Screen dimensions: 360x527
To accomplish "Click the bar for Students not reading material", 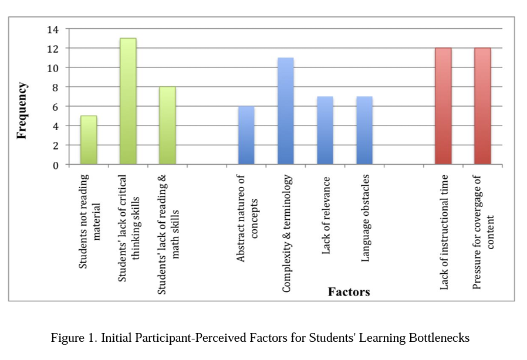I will (89, 141).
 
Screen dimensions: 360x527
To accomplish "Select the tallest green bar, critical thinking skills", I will (128, 102).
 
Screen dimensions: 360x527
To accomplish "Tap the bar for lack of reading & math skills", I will (167, 126).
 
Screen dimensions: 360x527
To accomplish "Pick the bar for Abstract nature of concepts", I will (246, 135).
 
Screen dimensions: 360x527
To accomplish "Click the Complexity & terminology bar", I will (285, 111).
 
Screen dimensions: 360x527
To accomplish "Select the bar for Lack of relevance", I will (325, 131).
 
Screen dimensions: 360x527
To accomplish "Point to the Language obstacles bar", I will (364, 131).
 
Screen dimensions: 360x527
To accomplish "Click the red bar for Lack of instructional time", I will (443, 107).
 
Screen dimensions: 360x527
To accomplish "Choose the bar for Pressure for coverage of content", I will (482, 107).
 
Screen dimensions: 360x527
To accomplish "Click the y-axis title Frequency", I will (22, 110).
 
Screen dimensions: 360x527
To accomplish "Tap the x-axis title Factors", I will (349, 291).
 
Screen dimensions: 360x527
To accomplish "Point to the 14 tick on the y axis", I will (53, 29).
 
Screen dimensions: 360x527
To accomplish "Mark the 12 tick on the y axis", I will (53, 48).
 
